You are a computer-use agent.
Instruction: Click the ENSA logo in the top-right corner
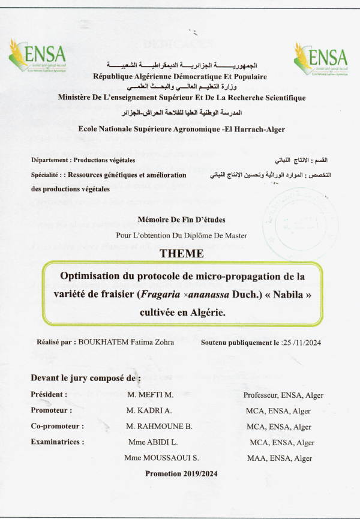pyautogui.click(x=320, y=58)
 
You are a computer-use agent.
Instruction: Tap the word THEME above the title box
pyautogui.click(x=181, y=254)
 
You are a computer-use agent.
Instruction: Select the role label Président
pyautogui.click(x=49, y=395)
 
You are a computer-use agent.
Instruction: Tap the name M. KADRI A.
pyautogui.click(x=149, y=411)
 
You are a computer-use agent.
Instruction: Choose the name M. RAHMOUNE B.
pyautogui.click(x=159, y=427)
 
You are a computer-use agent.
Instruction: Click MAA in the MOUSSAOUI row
pyautogui.click(x=256, y=458)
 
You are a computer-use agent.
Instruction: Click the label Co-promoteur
pyautogui.click(x=56, y=427)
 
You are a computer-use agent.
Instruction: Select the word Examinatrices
pyautogui.click(x=57, y=442)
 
